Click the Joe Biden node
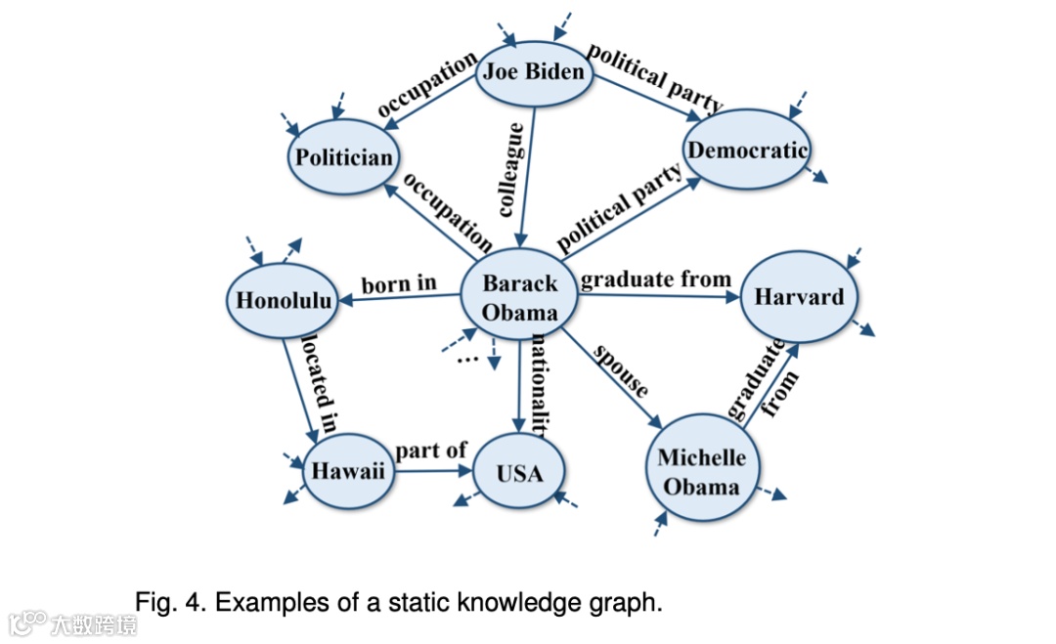tap(534, 72)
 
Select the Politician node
tap(344, 156)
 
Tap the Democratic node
tap(748, 150)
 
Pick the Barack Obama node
tap(519, 298)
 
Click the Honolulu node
tap(284, 300)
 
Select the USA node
tap(518, 473)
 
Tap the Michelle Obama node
tap(701, 471)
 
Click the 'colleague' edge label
tap(511, 169)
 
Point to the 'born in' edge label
tap(399, 284)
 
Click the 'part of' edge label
tap(430, 451)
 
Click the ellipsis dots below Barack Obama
tap(467, 359)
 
